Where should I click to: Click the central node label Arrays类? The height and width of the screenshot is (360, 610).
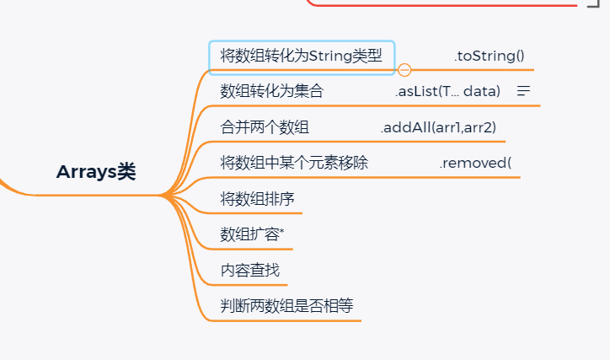[x=96, y=172]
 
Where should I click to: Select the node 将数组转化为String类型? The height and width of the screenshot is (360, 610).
[x=301, y=56]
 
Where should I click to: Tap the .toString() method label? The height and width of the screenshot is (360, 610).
[x=489, y=56]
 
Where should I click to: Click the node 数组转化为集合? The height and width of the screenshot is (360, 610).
[x=271, y=91]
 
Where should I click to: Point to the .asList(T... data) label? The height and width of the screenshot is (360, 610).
[x=447, y=91]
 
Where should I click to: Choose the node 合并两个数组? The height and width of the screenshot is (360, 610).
[x=265, y=127]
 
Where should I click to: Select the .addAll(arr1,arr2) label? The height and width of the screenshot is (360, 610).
[x=438, y=127]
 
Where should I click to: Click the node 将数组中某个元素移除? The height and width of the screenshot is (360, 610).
[x=294, y=163]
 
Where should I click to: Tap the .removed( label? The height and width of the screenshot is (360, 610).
[x=475, y=163]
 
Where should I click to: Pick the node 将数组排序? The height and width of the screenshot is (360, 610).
[x=257, y=199]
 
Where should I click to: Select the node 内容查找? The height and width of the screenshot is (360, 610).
[x=249, y=271]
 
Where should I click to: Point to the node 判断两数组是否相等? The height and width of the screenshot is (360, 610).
[x=286, y=306]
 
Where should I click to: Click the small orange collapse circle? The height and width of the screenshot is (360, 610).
[x=404, y=70]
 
